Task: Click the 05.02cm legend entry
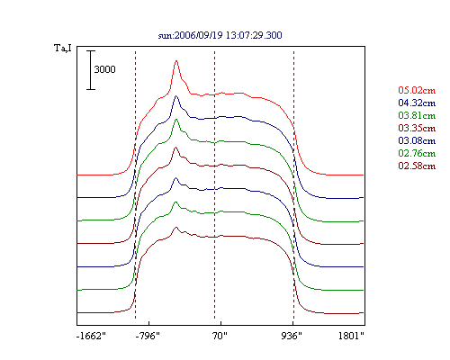pyautogui.click(x=417, y=90)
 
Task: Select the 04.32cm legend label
pyautogui.click(x=417, y=103)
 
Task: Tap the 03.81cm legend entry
pyautogui.click(x=417, y=115)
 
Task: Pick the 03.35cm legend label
pyautogui.click(x=417, y=128)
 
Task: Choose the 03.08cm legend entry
pyautogui.click(x=417, y=140)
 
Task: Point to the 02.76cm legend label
pyautogui.click(x=417, y=153)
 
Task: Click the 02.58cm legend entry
pyautogui.click(x=417, y=166)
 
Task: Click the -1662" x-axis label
pyautogui.click(x=91, y=336)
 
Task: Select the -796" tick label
pyautogui.click(x=148, y=336)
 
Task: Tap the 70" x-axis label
pyautogui.click(x=220, y=336)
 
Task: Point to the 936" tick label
pyautogui.click(x=292, y=336)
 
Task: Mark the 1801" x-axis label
pyautogui.click(x=351, y=336)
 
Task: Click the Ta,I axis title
pyautogui.click(x=63, y=48)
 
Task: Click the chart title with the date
pyautogui.click(x=220, y=35)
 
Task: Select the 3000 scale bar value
pyautogui.click(x=104, y=69)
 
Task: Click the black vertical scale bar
pyautogui.click(x=91, y=70)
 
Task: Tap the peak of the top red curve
pyautogui.click(x=176, y=61)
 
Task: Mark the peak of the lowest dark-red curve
pyautogui.click(x=176, y=228)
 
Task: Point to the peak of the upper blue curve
pyautogui.click(x=176, y=96)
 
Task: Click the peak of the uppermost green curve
pyautogui.click(x=176, y=120)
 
